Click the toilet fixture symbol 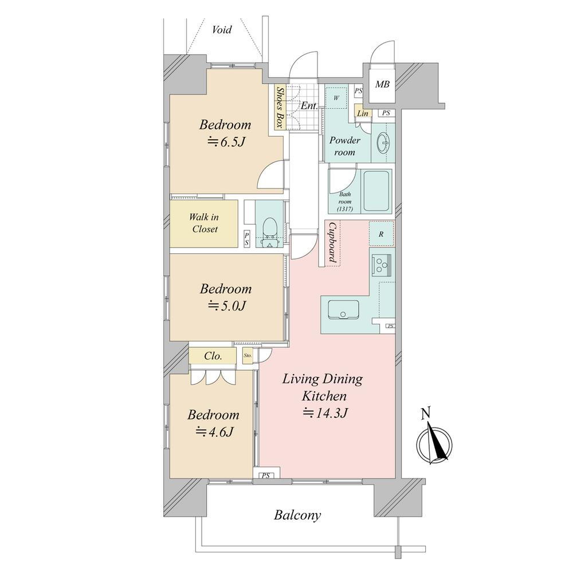270,233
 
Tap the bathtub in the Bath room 376,191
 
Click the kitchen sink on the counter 343,310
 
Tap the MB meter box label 382,84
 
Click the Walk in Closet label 204,223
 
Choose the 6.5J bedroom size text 226,142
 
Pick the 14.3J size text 324,413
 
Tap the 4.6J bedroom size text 215,432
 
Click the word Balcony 297,515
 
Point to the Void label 222,29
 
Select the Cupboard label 332,242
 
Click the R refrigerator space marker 381,234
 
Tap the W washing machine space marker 336,97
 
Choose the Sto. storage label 248,355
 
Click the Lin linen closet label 363,113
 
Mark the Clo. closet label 213,356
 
